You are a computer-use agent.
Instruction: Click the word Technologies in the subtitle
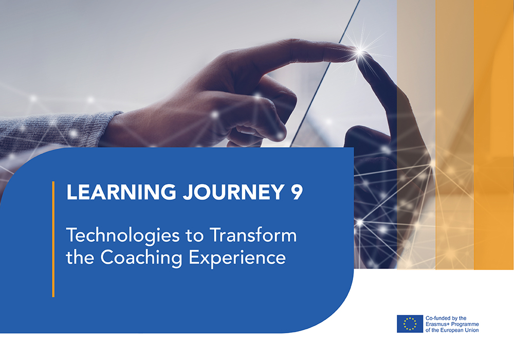(x=123, y=236)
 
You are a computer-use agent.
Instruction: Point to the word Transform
(x=253, y=235)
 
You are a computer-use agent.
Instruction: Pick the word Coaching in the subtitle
(x=141, y=258)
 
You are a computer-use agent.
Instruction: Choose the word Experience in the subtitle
(x=237, y=258)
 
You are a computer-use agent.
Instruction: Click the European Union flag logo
(x=410, y=324)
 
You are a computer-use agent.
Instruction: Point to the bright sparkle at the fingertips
(x=360, y=51)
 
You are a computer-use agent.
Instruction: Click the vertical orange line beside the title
(x=53, y=239)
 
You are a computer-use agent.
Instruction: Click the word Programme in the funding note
(x=465, y=325)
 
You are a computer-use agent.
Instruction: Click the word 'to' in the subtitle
(x=195, y=236)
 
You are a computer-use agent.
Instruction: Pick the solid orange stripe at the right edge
(x=493, y=135)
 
